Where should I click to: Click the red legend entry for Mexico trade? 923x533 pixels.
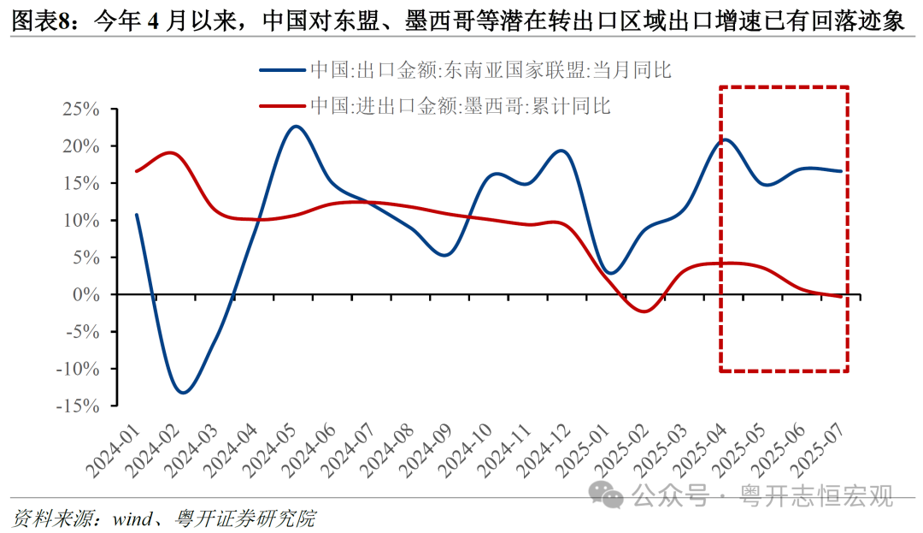(x=436, y=106)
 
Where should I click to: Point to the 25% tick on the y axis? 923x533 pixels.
(x=85, y=110)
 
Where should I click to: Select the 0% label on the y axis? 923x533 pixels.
(x=91, y=294)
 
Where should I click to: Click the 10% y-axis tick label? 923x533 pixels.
(x=85, y=221)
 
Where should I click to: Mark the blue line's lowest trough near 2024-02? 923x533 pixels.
(x=182, y=392)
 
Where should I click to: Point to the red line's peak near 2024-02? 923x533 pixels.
(x=169, y=153)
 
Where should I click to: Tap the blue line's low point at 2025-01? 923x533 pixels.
(x=609, y=273)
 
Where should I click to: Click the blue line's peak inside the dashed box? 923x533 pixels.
(x=726, y=139)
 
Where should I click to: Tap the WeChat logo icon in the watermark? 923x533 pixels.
(x=612, y=494)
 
